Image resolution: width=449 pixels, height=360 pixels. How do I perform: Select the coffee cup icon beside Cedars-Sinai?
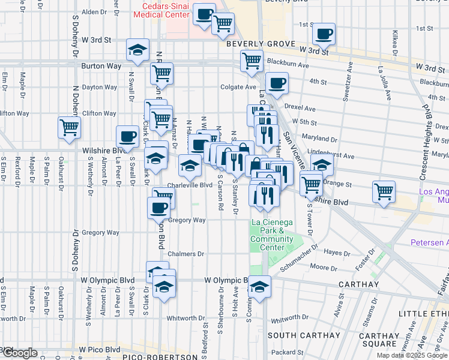pyautogui.click(x=204, y=14)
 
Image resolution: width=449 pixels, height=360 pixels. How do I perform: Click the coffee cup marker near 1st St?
pyautogui.click(x=324, y=34)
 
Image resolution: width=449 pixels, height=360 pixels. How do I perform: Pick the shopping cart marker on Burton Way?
pyautogui.click(x=161, y=74)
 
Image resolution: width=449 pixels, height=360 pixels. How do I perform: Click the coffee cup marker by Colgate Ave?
pyautogui.click(x=277, y=83)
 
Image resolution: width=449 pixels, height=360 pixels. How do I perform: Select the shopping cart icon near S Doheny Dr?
pyautogui.click(x=70, y=127)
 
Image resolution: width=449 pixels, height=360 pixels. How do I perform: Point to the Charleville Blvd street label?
pyautogui.click(x=190, y=185)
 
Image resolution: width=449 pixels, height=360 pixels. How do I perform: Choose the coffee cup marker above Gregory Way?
pyautogui.click(x=159, y=208)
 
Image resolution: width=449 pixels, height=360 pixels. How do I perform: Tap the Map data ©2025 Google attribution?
pyautogui.click(x=411, y=355)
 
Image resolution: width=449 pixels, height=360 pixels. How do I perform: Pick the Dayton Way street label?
pyautogui.click(x=99, y=87)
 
